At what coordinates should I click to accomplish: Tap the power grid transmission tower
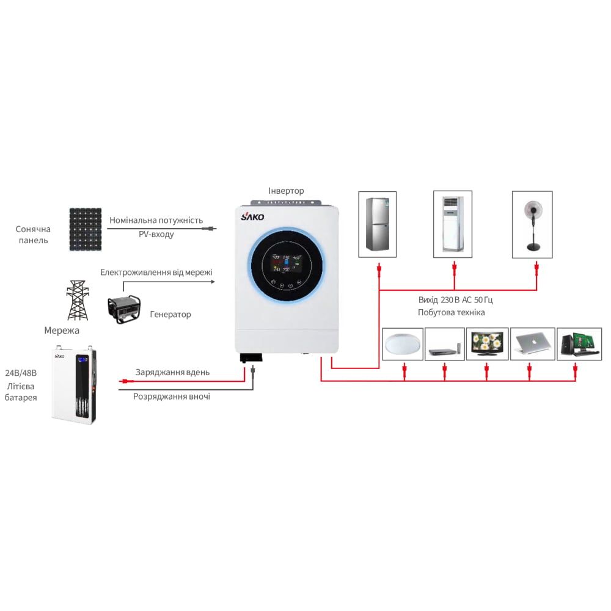point(77,301)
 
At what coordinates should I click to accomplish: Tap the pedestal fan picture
point(532,224)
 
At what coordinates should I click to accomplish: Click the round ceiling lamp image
point(403,345)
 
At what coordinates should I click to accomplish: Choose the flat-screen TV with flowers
point(487,343)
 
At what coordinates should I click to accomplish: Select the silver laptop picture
point(530,343)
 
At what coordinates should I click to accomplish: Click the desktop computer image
point(575,343)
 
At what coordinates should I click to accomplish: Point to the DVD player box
point(444,345)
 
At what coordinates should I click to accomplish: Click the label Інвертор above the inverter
point(286,191)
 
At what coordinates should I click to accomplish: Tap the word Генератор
point(170,315)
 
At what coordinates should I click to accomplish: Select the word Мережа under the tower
point(62,331)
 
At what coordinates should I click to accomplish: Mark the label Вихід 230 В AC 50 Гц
point(455,300)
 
